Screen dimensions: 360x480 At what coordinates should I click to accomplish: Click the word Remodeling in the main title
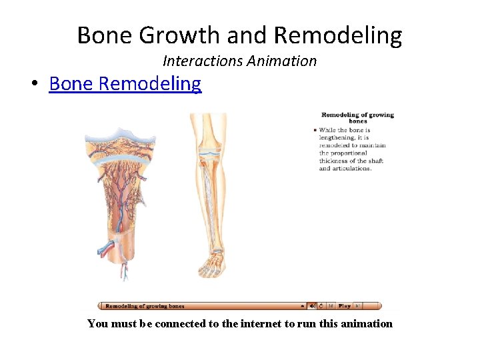click(338, 35)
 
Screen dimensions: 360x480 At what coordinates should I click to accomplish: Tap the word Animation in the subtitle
click(281, 61)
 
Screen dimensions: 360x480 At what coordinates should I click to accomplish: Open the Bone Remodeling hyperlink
click(125, 84)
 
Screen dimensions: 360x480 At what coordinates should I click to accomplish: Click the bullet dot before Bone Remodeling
click(34, 85)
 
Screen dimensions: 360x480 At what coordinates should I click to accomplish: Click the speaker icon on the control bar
click(312, 306)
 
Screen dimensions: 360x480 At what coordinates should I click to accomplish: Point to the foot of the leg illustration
click(211, 267)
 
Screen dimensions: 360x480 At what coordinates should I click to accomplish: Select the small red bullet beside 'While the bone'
click(315, 130)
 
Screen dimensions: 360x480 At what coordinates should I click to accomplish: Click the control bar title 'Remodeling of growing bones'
click(145, 306)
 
